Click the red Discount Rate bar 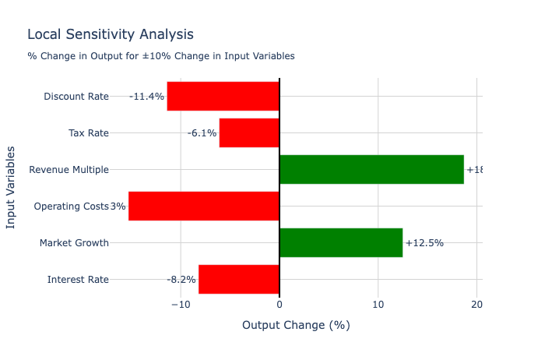pyautogui.click(x=223, y=97)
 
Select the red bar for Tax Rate pyautogui.click(x=249, y=133)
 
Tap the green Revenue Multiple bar pyautogui.click(x=371, y=170)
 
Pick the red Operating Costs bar pyautogui.click(x=204, y=206)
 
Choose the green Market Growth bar pyautogui.click(x=341, y=243)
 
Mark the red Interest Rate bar pyautogui.click(x=239, y=280)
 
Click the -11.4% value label pyautogui.click(x=146, y=97)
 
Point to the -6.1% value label pyautogui.click(x=202, y=133)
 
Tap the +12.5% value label pyautogui.click(x=424, y=243)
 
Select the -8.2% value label pyautogui.click(x=181, y=280)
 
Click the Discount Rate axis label pyautogui.click(x=76, y=97)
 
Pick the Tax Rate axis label pyautogui.click(x=89, y=133)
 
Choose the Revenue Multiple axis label pyautogui.click(x=69, y=170)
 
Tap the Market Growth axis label pyautogui.click(x=74, y=243)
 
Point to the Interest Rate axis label pyautogui.click(x=78, y=280)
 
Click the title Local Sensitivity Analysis pyautogui.click(x=111, y=34)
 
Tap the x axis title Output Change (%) pyautogui.click(x=296, y=325)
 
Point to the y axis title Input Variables pyautogui.click(x=11, y=188)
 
